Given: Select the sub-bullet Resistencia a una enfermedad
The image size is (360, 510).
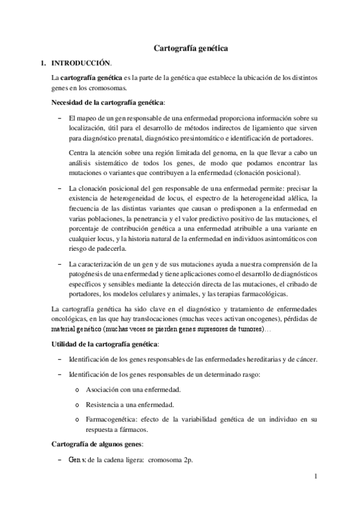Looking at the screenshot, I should point(130,404).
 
